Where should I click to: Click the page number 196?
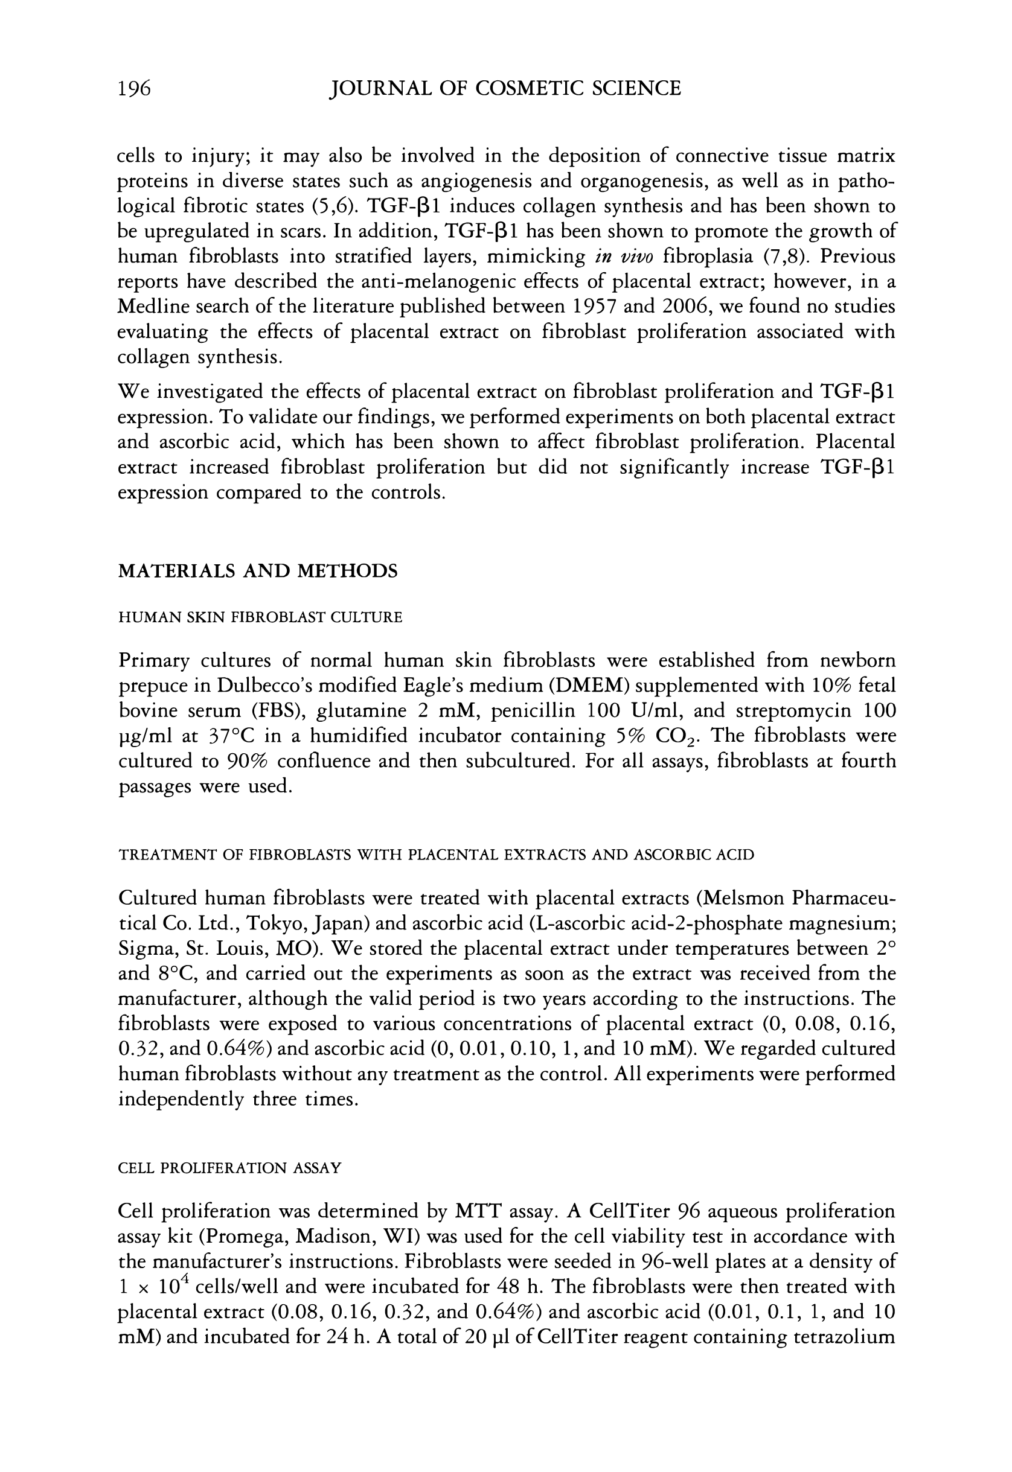click(x=134, y=89)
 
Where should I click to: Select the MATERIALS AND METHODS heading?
click(x=258, y=572)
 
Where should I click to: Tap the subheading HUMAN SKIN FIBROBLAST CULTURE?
click(x=260, y=618)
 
